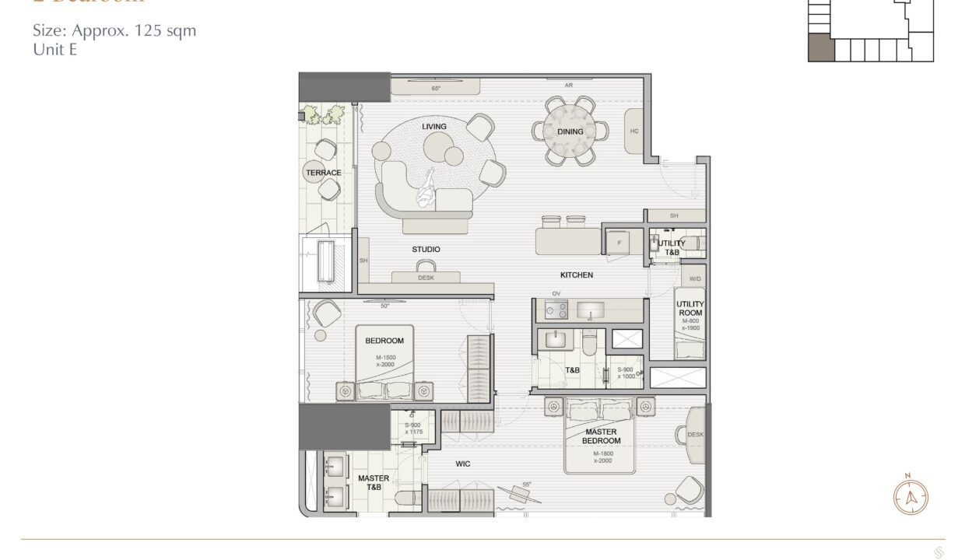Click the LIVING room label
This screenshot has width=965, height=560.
(x=434, y=127)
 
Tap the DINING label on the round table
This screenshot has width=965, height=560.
(x=570, y=131)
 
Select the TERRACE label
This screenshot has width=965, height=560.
(x=323, y=173)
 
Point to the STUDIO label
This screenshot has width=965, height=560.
(x=426, y=250)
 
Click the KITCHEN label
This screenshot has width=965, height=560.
(x=577, y=275)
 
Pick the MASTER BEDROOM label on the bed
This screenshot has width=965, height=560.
(x=601, y=436)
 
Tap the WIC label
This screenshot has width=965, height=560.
(x=463, y=464)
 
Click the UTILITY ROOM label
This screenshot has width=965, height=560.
(x=690, y=309)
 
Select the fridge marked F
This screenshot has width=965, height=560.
(x=619, y=242)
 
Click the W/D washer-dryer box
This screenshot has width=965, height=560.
(x=693, y=278)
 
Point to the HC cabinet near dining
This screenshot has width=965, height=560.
(x=634, y=131)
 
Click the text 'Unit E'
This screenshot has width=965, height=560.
(x=54, y=49)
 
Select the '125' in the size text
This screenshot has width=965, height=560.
(x=147, y=32)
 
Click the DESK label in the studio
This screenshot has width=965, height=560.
(x=426, y=278)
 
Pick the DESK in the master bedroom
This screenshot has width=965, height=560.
(x=695, y=435)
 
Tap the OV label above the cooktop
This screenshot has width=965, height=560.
(x=556, y=293)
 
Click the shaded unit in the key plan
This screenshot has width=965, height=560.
(x=821, y=48)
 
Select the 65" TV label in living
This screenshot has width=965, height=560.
(x=436, y=88)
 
